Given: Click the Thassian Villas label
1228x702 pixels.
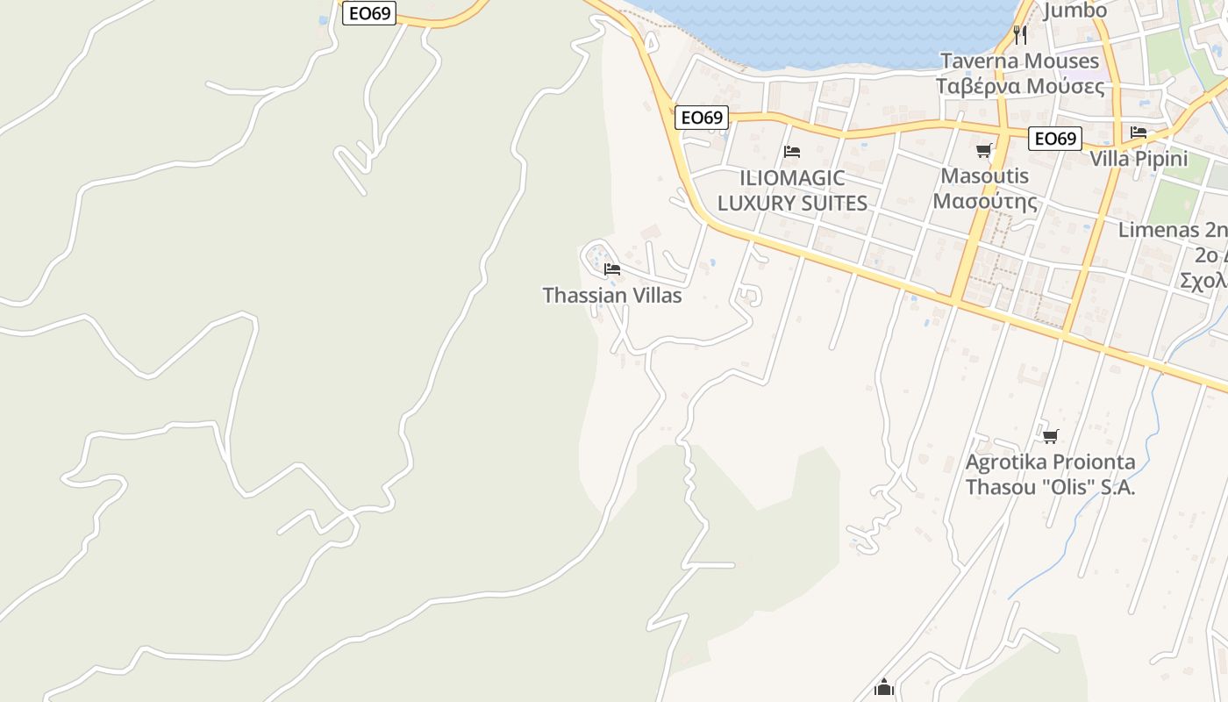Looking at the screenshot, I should (612, 296).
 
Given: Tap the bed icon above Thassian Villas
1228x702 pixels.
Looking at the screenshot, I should (612, 269).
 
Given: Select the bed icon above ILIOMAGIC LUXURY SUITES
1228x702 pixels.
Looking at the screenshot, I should (792, 151).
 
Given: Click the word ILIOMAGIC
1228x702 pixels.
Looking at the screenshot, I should (792, 178).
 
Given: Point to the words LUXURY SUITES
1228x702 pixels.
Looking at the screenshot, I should (792, 204).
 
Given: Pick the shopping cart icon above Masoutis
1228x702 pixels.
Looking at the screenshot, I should (984, 150).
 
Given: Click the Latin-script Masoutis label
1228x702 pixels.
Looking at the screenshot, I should (984, 175).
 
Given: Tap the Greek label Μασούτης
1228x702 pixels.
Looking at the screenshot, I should (984, 202).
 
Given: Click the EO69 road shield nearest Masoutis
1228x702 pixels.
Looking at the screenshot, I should (1055, 139).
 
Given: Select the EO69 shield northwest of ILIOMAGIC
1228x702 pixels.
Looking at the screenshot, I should (702, 118).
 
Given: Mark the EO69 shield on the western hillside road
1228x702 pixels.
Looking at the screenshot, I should (369, 13).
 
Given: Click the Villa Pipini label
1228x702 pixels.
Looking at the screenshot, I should (1139, 159).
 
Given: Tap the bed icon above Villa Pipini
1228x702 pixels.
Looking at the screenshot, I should (1139, 133).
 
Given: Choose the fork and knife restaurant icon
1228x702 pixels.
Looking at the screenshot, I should (1019, 35).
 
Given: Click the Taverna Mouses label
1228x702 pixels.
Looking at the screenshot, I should (1019, 61).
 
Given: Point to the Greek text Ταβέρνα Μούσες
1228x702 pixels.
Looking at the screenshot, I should (1019, 86).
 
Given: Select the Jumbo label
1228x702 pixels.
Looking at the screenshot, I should (1074, 11).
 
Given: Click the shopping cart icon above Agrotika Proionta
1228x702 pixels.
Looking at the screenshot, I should (1050, 436).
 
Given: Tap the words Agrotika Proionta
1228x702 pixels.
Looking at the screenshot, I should (1050, 462).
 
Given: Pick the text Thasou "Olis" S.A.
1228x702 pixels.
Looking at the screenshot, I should (1050, 488).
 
